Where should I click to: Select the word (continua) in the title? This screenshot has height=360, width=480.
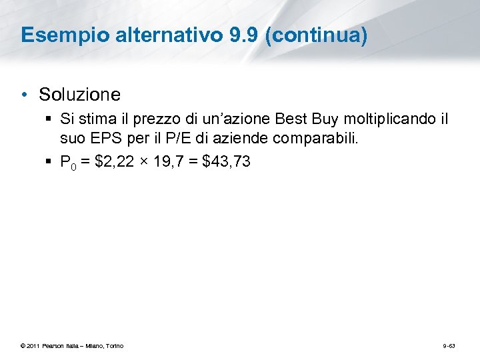point(316,35)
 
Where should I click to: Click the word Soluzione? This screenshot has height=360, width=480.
point(79,95)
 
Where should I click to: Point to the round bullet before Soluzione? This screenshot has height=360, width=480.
point(25,95)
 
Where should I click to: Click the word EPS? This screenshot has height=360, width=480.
point(102,139)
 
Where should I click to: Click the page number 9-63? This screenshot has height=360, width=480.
point(449,345)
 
